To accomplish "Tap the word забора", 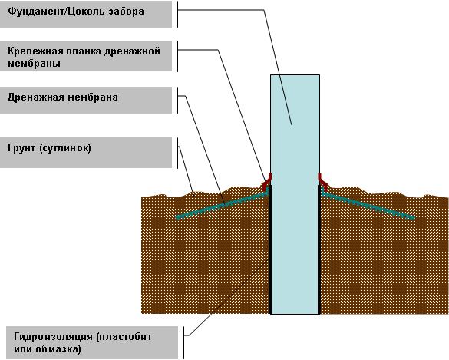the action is [127, 12].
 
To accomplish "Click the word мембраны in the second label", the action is [34, 63].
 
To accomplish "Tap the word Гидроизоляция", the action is [53, 337].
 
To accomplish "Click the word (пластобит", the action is [124, 337].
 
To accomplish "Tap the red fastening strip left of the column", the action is [267, 182].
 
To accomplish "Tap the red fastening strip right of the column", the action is [323, 182].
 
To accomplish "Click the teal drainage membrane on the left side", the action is [222, 205].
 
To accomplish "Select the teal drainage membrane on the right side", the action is [368, 205].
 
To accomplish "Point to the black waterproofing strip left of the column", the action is [269, 249].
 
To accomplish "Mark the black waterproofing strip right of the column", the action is [319, 249].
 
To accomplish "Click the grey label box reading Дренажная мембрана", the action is [86, 101].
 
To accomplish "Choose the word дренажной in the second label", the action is [132, 51].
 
